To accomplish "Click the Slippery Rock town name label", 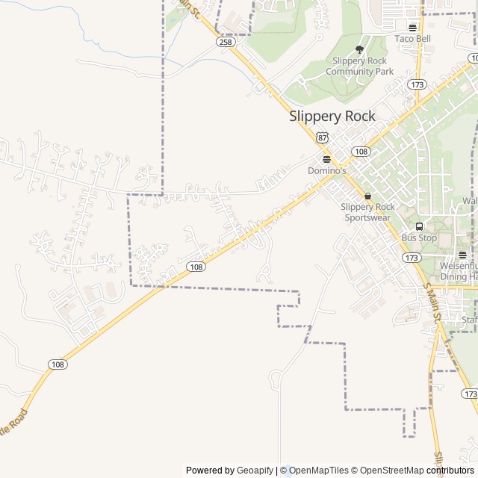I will pos(332,116).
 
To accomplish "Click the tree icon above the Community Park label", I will pos(359,49).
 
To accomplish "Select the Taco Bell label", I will pos(413,39).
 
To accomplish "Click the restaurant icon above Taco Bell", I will pos(413,28).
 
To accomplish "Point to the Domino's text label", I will pos(328,170).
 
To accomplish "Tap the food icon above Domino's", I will pos(326,159).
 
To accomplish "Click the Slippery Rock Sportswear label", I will pos(367,212).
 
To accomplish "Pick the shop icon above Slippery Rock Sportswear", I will pos(367,196).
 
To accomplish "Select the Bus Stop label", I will pos(419,238).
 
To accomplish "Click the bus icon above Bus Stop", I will pos(418,226).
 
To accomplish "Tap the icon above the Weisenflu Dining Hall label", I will pos(462,255).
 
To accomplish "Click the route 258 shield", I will pos(226,42).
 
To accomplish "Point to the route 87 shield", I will pos(322,137).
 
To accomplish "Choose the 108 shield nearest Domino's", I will pos(361,152).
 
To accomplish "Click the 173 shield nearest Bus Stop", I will pos(411,257).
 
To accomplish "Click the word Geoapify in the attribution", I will pos(255,471).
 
